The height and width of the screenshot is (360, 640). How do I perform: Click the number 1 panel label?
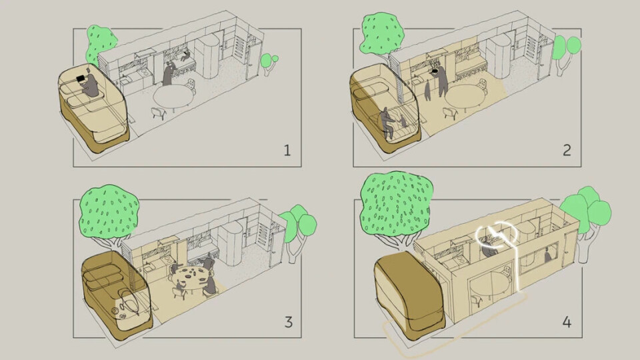coord(287,151)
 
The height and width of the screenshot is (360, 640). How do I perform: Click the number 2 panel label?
coord(567,151)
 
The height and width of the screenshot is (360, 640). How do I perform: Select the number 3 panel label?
coord(288,322)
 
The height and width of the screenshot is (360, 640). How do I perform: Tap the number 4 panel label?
coord(567,322)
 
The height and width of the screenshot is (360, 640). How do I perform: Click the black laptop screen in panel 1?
coord(81,79)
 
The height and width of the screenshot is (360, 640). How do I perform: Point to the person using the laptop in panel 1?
coord(91,85)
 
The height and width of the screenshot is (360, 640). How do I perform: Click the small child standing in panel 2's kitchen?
coord(427,91)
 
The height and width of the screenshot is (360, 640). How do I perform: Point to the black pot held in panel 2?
coord(436,71)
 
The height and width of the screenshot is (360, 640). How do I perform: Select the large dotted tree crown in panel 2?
coord(381,34)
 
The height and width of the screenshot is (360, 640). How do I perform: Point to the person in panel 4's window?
coord(547,256)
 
